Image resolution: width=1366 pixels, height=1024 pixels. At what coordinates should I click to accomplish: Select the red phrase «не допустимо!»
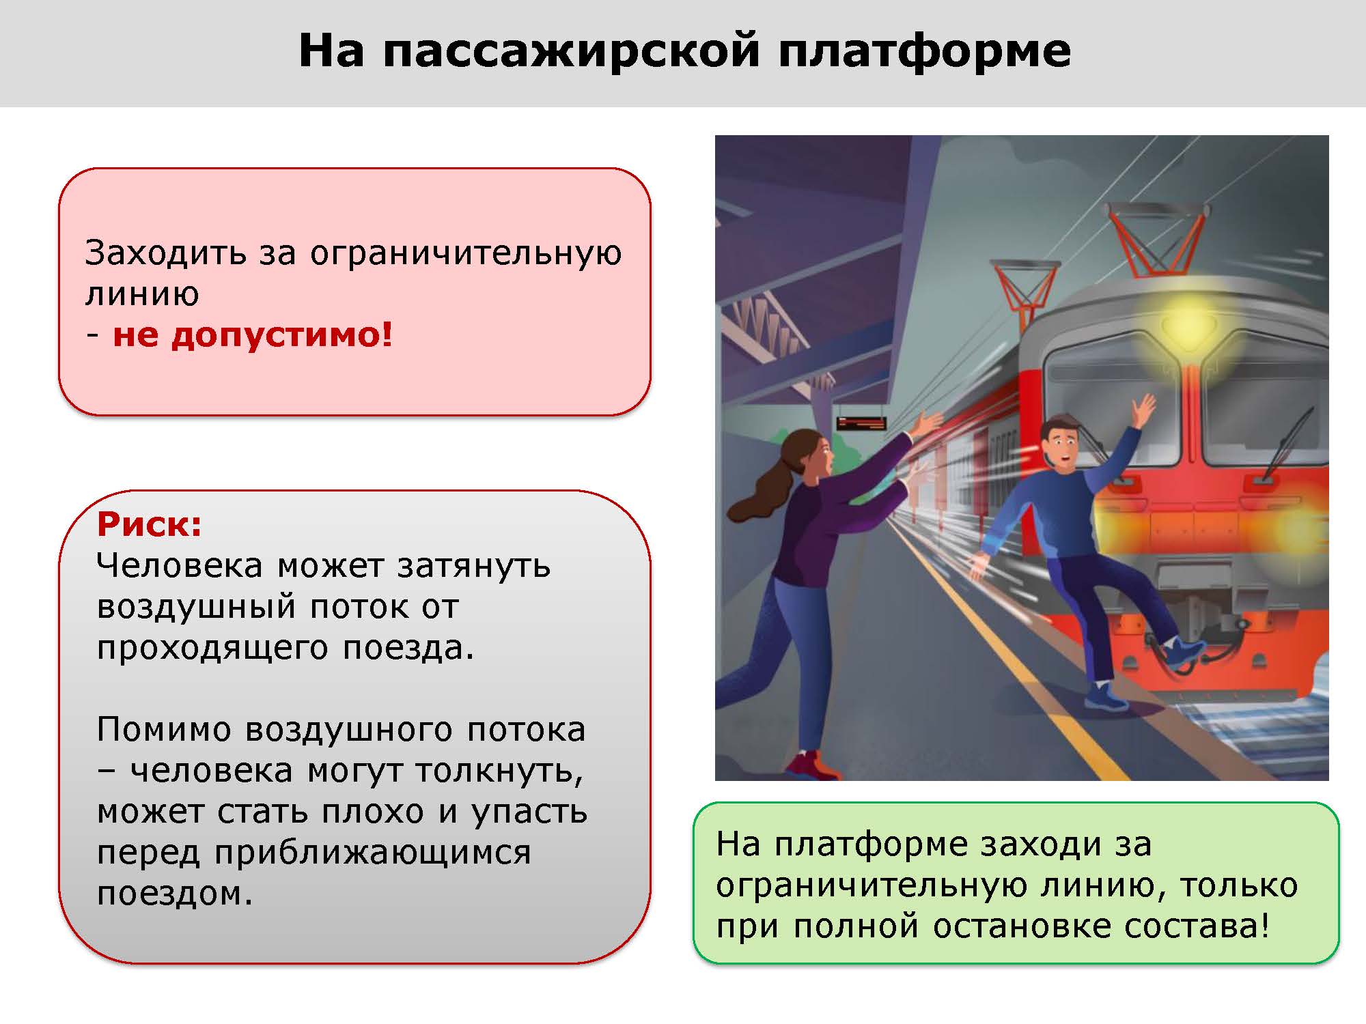pyautogui.click(x=253, y=335)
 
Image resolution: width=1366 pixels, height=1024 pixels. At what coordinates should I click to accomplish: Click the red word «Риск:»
pyautogui.click(x=150, y=524)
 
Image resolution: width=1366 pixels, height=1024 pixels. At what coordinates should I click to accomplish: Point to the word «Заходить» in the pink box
pyautogui.click(x=165, y=254)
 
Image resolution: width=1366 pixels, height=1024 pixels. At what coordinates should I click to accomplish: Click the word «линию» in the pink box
pyautogui.click(x=142, y=294)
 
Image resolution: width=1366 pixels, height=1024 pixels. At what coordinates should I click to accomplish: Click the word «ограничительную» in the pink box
pyautogui.click(x=466, y=254)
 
